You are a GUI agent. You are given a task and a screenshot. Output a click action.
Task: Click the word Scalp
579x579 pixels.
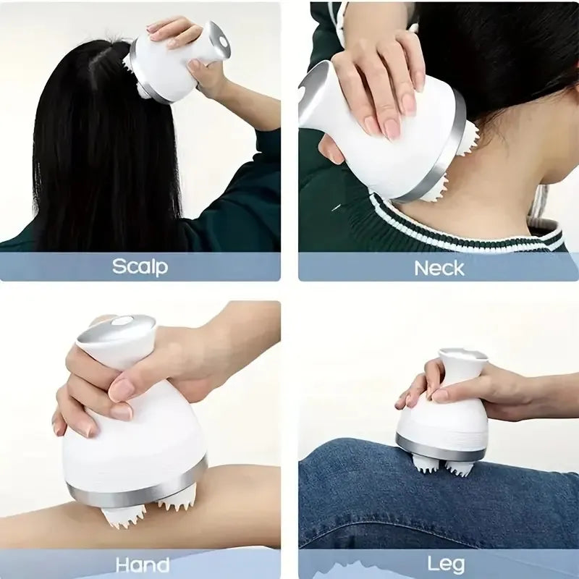(140, 266)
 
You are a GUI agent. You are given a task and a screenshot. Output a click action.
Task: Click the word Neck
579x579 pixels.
(439, 268)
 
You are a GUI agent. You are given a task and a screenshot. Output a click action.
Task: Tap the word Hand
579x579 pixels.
(143, 565)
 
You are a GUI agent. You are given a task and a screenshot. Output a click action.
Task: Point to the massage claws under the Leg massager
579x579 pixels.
(441, 467)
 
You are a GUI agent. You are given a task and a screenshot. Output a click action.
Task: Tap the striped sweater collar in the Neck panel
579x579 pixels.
(463, 228)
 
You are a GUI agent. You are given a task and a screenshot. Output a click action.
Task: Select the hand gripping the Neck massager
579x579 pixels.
(380, 87)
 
